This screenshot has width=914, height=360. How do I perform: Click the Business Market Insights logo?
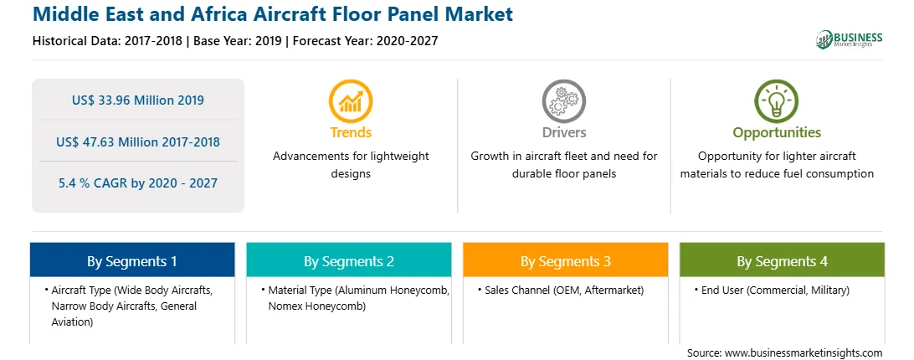tap(850, 39)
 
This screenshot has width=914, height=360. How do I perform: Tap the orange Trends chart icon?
tap(351, 101)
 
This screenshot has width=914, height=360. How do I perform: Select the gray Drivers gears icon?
tap(563, 101)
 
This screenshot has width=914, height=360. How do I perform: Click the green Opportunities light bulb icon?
tap(777, 101)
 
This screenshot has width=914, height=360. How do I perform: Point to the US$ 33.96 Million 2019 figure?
tap(138, 100)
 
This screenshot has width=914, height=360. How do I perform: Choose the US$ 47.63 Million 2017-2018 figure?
tap(138, 141)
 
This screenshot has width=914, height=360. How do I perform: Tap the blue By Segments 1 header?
tap(132, 261)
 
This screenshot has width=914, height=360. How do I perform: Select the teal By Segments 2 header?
tap(348, 261)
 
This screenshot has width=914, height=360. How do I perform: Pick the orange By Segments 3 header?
tap(566, 261)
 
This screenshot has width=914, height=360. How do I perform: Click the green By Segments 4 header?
tap(783, 261)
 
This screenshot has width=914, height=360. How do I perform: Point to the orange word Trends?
tap(351, 132)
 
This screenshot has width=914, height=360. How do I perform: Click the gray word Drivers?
tap(564, 132)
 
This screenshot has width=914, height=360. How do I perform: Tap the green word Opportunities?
tap(777, 133)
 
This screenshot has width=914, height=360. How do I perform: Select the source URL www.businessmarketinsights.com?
tap(804, 353)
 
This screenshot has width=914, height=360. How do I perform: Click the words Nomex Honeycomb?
tap(317, 306)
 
